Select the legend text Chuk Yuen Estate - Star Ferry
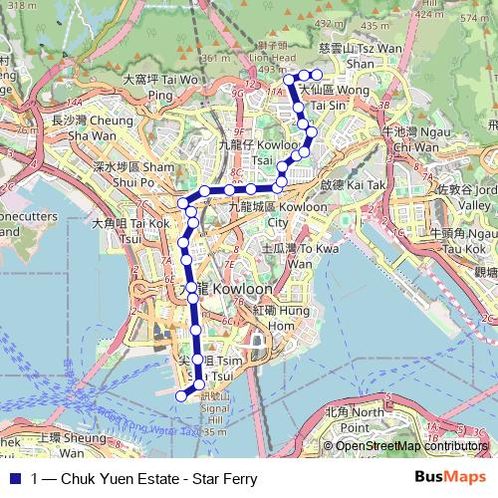[x=143, y=478]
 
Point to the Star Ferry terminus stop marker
[x=181, y=395]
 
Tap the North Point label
[x=353, y=418]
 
